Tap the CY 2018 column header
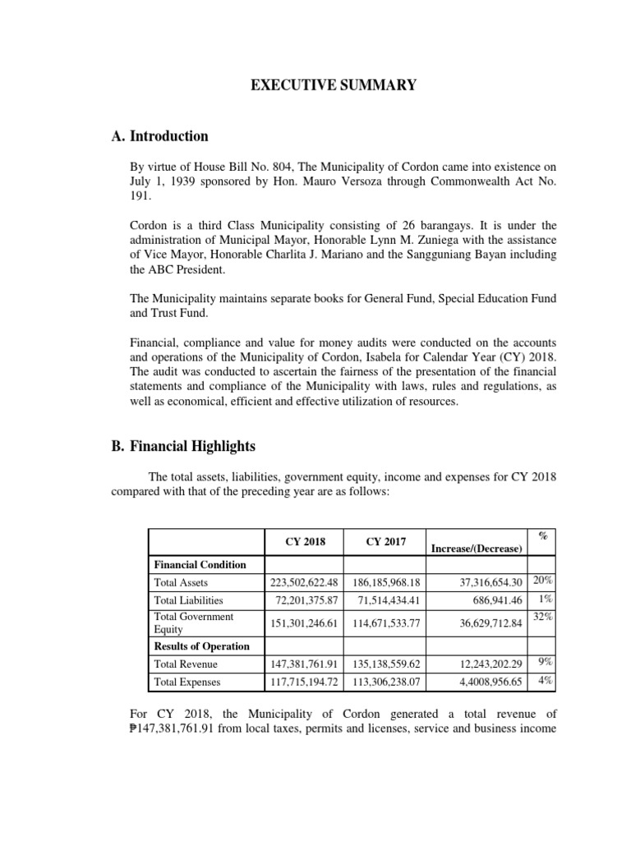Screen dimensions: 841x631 pyautogui.click(x=306, y=541)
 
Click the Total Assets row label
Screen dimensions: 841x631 pyautogui.click(x=182, y=582)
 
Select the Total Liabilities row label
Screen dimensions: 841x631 pyautogui.click(x=188, y=600)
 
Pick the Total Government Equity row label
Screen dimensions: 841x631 pyautogui.click(x=194, y=623)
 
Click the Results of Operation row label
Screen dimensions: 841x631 pyautogui.click(x=201, y=646)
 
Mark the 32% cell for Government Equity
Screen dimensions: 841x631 pyautogui.click(x=542, y=617)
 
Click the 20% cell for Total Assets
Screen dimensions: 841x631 pyautogui.click(x=542, y=581)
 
